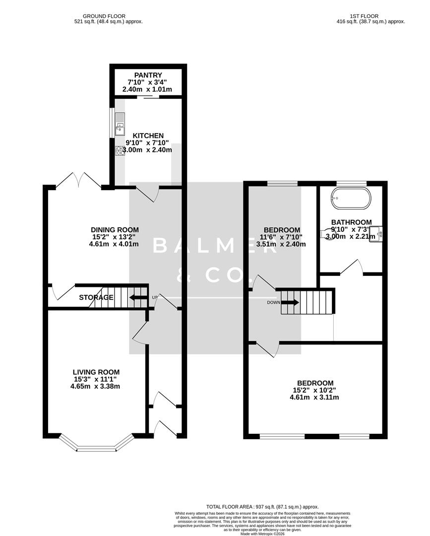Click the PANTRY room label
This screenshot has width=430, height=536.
(x=147, y=75)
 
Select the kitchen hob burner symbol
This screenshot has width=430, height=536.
(x=120, y=151)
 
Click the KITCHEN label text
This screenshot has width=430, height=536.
(x=147, y=135)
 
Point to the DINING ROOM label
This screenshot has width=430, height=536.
(x=115, y=230)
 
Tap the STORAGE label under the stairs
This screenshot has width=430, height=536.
(x=96, y=298)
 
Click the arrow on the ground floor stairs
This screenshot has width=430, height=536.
(x=138, y=298)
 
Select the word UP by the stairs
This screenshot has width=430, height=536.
(x=154, y=298)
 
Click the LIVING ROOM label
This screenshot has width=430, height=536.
(x=96, y=372)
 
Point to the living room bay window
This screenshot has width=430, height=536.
(x=96, y=444)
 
